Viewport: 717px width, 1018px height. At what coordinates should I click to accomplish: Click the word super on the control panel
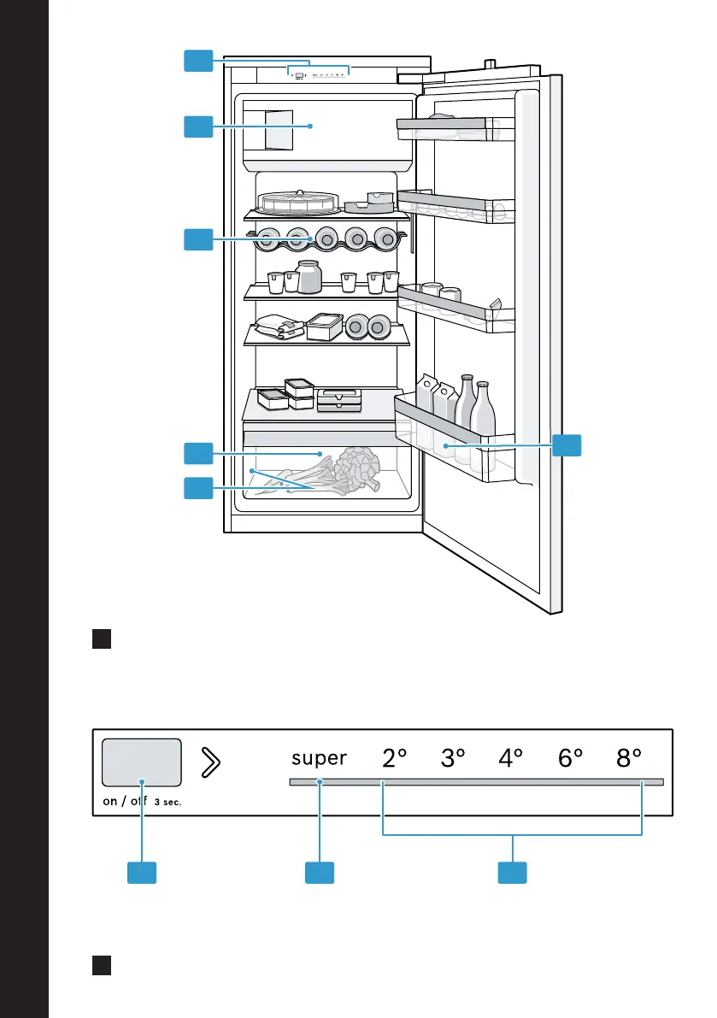[319, 758]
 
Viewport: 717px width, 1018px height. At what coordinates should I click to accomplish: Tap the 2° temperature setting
[394, 757]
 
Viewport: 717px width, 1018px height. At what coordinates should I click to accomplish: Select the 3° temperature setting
[453, 757]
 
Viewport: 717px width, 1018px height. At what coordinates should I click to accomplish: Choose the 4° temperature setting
[511, 757]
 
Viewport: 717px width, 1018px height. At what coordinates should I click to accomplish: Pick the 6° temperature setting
[570, 757]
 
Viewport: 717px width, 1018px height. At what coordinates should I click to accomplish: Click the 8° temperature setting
[629, 757]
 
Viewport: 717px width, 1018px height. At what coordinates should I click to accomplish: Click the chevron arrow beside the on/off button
[210, 762]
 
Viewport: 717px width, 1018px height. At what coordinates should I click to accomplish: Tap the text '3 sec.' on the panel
[167, 802]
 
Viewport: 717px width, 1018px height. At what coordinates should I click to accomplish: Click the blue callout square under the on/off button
[142, 873]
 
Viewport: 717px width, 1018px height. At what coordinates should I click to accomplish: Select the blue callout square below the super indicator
[320, 873]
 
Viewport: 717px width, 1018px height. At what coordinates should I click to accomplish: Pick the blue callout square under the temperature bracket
[512, 873]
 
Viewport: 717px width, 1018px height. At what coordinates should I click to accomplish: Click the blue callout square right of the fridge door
[567, 445]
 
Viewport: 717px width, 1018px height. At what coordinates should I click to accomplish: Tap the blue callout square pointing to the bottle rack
[198, 239]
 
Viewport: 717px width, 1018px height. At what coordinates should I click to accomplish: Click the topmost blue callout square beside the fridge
[198, 61]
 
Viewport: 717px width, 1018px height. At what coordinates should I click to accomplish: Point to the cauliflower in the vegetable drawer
[356, 467]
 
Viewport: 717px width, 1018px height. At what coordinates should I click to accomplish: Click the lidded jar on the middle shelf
[309, 277]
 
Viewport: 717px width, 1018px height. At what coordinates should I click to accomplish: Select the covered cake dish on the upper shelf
[298, 203]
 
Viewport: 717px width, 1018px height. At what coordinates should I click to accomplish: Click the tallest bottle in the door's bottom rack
[465, 418]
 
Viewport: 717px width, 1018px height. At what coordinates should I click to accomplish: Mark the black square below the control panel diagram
[102, 965]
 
